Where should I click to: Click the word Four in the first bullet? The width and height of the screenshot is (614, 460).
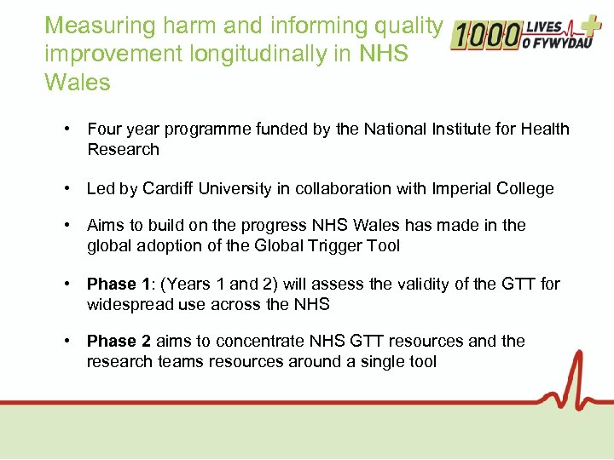(x=104, y=129)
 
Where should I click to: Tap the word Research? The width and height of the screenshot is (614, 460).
(x=123, y=150)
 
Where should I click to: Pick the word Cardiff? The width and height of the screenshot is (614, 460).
(x=169, y=189)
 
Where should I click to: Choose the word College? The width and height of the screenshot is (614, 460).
(x=528, y=189)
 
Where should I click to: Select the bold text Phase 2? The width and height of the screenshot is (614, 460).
(x=119, y=342)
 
